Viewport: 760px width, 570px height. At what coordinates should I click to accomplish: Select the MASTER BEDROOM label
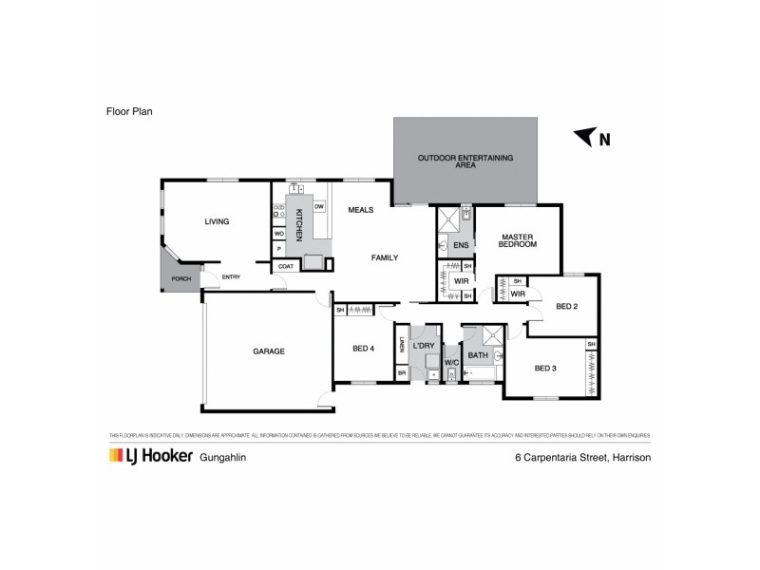tap(518, 240)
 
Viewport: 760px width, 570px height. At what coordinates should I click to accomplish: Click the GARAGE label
tap(268, 351)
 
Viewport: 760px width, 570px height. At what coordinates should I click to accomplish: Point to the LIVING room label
tap(217, 221)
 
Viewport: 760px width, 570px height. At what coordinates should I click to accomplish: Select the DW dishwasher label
tap(319, 207)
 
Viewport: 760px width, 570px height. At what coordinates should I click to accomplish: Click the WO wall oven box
tap(279, 233)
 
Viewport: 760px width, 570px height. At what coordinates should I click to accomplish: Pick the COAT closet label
tap(285, 267)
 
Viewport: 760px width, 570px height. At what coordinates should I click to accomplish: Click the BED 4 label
tap(363, 349)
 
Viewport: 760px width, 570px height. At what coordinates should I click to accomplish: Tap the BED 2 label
tap(567, 306)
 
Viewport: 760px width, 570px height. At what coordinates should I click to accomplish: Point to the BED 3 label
tap(544, 368)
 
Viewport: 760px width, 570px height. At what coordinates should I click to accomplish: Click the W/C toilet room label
tap(451, 362)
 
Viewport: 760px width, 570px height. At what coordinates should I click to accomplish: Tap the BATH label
tap(478, 356)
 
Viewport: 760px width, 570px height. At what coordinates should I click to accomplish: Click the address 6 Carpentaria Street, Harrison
tap(581, 457)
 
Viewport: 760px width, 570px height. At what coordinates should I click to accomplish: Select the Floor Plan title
tap(129, 111)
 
